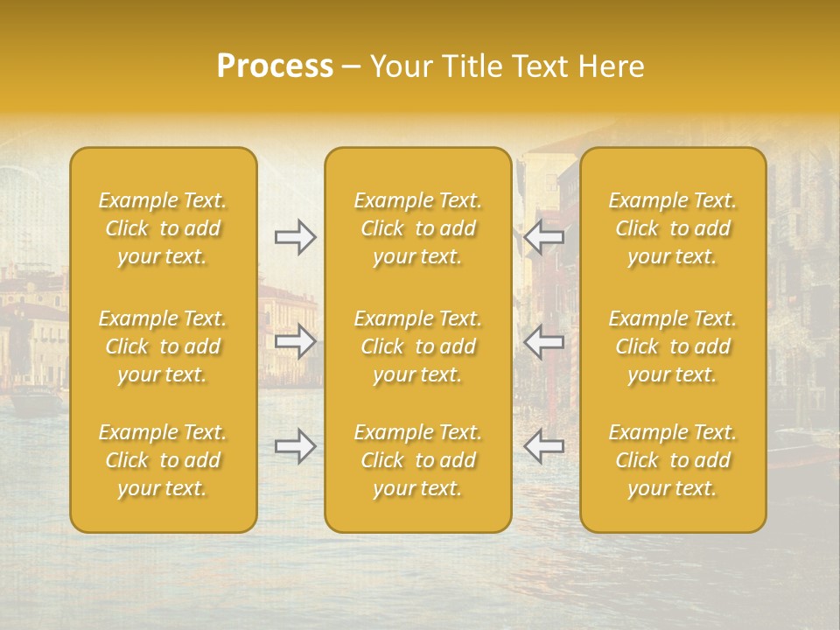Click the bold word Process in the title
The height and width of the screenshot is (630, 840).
point(275,66)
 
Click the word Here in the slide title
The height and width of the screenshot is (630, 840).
point(612,66)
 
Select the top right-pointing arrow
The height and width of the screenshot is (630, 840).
point(295,237)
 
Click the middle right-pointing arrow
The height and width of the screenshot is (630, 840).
point(295,341)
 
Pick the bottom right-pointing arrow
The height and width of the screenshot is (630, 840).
point(295,446)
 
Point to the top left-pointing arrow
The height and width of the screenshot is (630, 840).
point(543,237)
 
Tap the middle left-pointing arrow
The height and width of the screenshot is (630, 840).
point(543,341)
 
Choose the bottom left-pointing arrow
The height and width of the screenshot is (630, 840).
point(543,446)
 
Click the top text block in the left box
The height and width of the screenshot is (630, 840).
point(163,228)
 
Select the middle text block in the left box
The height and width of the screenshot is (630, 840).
point(163,346)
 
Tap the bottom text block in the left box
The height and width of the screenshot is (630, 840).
point(163,460)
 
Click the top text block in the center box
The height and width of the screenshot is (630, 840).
point(418,228)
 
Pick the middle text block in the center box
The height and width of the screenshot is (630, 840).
point(418,346)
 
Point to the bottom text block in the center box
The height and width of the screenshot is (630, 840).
point(418,460)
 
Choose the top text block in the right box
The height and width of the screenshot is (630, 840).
point(673,228)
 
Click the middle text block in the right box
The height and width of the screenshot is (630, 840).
point(673,346)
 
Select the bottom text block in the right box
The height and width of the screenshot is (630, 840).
point(673,460)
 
